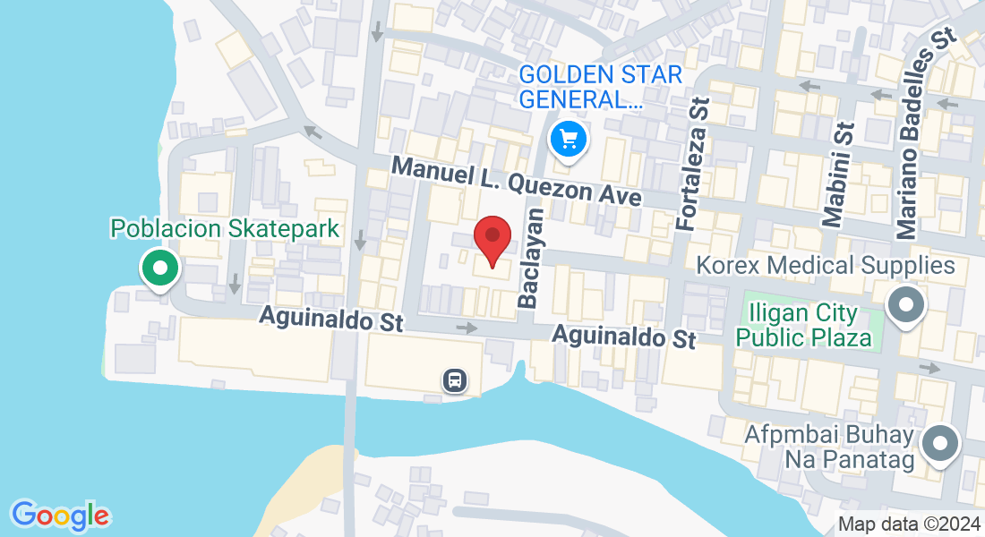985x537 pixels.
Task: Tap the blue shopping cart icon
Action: [568, 140]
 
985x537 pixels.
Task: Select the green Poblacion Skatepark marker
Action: [160, 268]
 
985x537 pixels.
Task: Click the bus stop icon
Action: [455, 380]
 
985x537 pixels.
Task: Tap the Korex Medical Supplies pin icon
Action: [906, 305]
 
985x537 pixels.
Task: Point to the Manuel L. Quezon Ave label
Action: [518, 181]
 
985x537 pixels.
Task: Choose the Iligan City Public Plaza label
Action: [803, 326]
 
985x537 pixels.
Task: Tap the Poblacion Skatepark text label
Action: [225, 228]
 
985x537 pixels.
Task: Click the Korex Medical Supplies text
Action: [826, 266]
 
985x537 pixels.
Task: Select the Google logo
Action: [60, 516]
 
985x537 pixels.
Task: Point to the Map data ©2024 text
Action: [909, 524]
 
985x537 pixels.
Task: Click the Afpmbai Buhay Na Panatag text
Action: [829, 447]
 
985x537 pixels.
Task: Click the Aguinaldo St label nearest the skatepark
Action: [331, 319]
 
